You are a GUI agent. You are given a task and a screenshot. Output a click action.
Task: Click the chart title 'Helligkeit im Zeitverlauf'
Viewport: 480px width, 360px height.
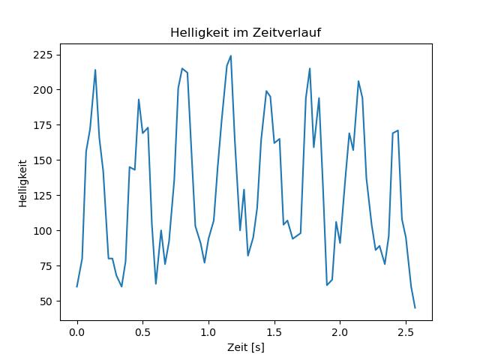[245, 33]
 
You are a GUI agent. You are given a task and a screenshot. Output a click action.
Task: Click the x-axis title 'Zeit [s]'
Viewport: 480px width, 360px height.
[246, 347]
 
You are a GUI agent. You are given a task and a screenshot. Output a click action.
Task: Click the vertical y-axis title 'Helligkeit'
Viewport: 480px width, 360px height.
[23, 183]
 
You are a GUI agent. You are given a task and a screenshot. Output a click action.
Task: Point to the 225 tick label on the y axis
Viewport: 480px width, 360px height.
[43, 55]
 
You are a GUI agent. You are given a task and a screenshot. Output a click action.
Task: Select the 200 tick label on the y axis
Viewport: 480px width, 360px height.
[43, 90]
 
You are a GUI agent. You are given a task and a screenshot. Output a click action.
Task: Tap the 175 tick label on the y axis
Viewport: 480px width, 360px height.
[43, 125]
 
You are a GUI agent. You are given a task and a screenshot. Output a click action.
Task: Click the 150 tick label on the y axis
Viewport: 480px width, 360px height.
[43, 160]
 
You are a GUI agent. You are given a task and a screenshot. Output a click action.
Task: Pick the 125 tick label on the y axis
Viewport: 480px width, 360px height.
[43, 195]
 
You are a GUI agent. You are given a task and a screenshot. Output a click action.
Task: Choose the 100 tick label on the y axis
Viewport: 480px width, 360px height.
[43, 230]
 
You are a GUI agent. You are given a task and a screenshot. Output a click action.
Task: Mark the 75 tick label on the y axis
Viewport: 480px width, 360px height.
[46, 266]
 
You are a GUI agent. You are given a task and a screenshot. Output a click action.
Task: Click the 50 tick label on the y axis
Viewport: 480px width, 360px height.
[46, 301]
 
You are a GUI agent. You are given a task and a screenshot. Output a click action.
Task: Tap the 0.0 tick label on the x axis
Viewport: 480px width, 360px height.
[76, 332]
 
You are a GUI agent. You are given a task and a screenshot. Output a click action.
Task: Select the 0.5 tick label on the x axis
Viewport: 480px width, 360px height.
[142, 332]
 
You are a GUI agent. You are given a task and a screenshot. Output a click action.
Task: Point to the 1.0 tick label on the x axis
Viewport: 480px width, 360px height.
[208, 332]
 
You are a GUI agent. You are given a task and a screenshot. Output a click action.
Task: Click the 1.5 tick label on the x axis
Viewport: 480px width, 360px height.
[274, 332]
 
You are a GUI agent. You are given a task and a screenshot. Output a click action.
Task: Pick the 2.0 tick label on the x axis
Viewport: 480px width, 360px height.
[340, 332]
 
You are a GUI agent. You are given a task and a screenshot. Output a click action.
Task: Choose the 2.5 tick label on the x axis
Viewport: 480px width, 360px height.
[406, 332]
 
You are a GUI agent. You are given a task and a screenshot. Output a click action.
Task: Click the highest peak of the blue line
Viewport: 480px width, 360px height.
[231, 55]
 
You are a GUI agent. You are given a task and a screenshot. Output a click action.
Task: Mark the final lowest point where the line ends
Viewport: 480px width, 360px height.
[415, 308]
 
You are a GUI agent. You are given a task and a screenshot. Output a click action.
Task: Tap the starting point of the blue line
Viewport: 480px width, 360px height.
[76, 286]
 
